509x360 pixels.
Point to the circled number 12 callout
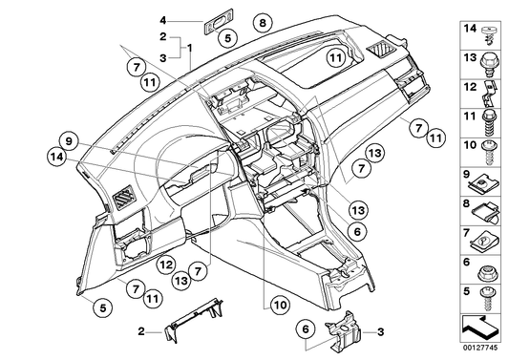(164, 265)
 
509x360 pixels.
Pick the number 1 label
(190, 48)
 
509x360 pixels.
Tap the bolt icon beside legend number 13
(489, 62)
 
